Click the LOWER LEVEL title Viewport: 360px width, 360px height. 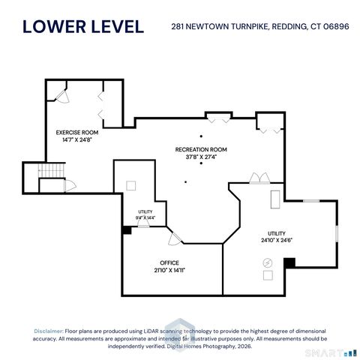click(x=83, y=26)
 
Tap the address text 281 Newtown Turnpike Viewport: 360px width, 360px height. click(x=219, y=26)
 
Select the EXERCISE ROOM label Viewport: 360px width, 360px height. click(x=77, y=133)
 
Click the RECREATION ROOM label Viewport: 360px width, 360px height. click(x=201, y=149)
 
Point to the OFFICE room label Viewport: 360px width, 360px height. click(x=169, y=262)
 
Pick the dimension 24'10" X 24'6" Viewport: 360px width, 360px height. click(x=277, y=240)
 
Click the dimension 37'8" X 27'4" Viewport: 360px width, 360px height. click(x=201, y=157)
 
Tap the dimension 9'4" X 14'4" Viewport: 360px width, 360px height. click(x=145, y=217)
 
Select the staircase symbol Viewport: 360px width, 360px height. click(x=52, y=170)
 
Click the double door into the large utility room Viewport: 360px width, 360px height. click(x=259, y=178)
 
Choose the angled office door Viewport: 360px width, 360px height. click(x=175, y=239)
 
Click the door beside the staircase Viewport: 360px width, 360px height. click(x=70, y=186)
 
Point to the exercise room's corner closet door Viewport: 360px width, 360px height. click(x=62, y=97)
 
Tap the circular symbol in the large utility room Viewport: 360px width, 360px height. click(x=268, y=262)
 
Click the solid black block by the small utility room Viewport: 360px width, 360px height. click(x=127, y=230)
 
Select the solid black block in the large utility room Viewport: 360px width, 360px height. click(x=289, y=263)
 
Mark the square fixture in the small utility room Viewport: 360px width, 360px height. click(x=131, y=186)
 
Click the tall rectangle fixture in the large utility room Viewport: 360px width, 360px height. click(x=275, y=199)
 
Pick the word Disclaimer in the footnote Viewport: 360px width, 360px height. click(x=49, y=331)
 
